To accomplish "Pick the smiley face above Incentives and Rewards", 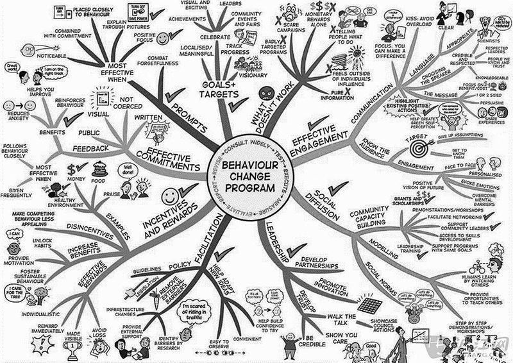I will pyautogui.click(x=169, y=194).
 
